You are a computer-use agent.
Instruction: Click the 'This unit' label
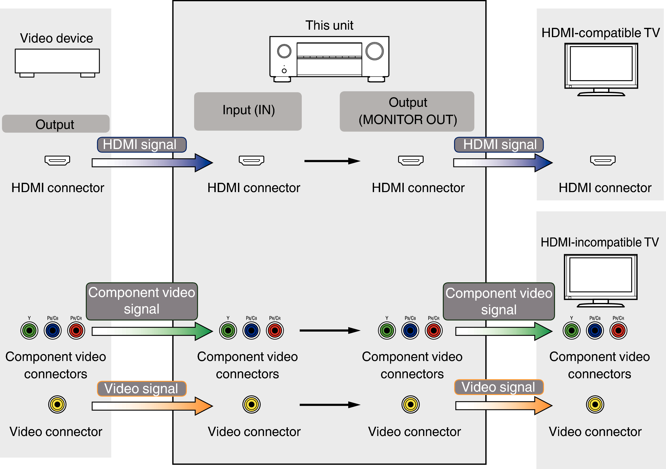pos(329,26)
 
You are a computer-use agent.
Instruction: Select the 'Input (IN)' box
pos(248,111)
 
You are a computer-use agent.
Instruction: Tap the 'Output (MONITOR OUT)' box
pos(407,111)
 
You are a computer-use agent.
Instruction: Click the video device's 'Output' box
pos(56,124)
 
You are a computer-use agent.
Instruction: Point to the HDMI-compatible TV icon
pos(601,69)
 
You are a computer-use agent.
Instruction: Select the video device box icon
pos(57,62)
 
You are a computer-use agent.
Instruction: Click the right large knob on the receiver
pos(375,51)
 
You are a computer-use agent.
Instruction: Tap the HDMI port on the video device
pos(57,160)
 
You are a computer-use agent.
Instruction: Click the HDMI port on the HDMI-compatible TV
pos(603,160)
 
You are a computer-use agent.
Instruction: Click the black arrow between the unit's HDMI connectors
pos(332,161)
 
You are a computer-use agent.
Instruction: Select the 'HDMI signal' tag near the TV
pos(499,145)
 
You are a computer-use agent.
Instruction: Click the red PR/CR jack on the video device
pos(76,330)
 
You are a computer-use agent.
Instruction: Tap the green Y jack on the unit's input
pos(228,330)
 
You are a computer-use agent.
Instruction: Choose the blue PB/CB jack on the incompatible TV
pos(595,330)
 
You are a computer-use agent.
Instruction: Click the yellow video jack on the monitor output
pos(410,404)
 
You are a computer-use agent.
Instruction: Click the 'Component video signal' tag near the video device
pos(142,301)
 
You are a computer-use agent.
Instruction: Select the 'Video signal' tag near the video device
pos(141,389)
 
